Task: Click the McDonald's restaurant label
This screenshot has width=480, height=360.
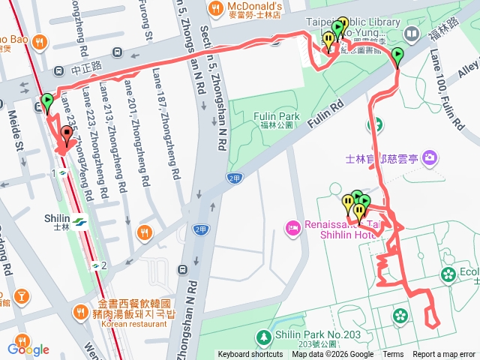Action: click(256, 6)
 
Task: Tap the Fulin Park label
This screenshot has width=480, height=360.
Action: click(278, 116)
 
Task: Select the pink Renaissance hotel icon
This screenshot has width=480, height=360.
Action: click(292, 226)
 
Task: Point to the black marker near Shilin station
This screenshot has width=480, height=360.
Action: click(67, 136)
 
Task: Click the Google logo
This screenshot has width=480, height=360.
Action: click(28, 349)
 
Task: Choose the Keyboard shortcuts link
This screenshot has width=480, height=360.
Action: click(250, 355)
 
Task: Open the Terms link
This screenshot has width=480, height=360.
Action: click(393, 355)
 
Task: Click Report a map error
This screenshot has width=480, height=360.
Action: click(444, 355)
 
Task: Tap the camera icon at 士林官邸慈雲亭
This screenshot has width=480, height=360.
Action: click(430, 157)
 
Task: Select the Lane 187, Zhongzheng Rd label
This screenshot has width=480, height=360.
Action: click(166, 124)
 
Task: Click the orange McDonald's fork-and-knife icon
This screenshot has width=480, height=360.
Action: click(215, 9)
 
